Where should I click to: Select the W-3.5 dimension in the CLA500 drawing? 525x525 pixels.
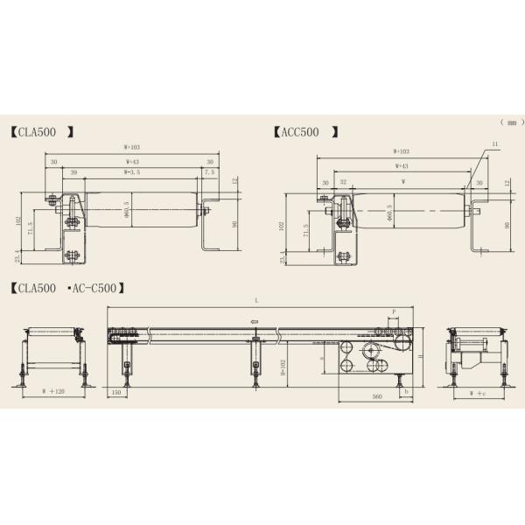click(x=131, y=173)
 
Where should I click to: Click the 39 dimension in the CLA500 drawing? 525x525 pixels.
click(x=73, y=173)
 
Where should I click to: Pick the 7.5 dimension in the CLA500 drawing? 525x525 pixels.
click(x=207, y=173)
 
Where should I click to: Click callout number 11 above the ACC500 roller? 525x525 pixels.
click(x=495, y=143)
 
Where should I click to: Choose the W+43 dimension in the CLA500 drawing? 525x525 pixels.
click(x=133, y=162)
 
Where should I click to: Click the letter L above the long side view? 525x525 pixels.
click(x=256, y=300)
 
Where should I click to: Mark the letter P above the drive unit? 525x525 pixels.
click(x=395, y=311)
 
